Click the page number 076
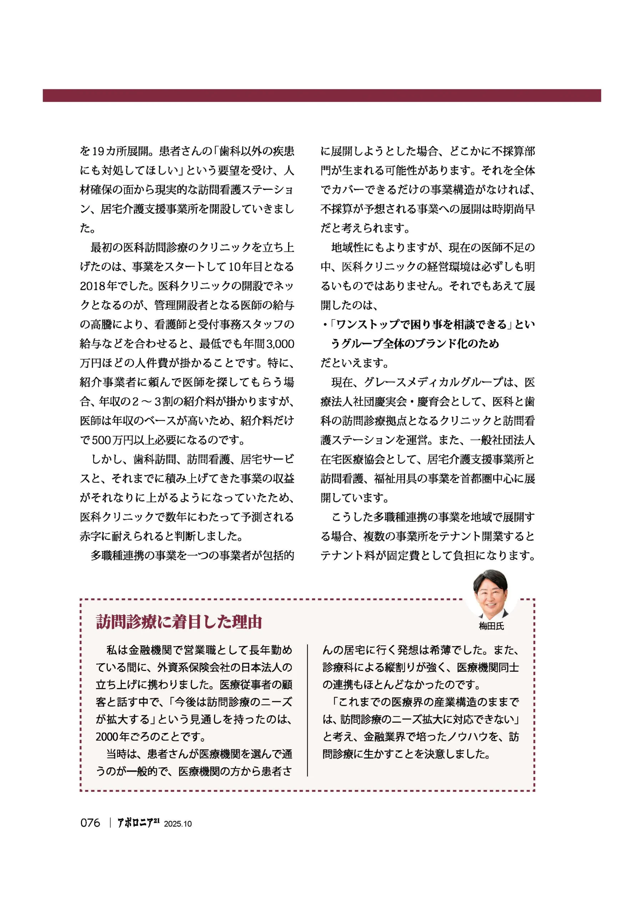pos(90,822)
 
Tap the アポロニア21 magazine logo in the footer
pos(138,822)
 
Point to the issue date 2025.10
pos(178,824)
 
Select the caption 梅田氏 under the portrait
pos(491,626)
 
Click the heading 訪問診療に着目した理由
pos(179,622)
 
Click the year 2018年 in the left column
pos(97,286)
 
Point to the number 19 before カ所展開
pos(98,152)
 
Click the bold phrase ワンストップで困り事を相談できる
pos(421,325)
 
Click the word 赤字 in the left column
pos(91,536)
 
